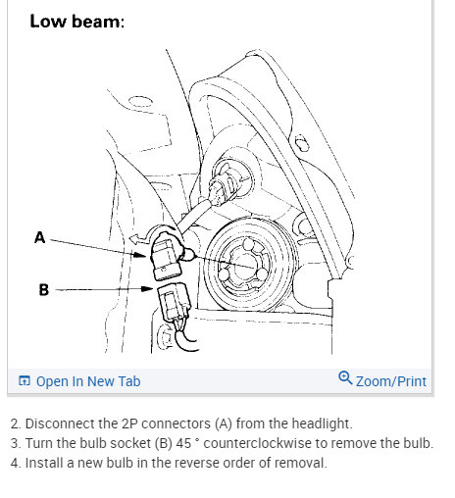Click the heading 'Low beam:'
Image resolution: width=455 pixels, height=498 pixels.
[x=77, y=22]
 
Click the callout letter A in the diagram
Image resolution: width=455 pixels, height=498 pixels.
[x=39, y=237]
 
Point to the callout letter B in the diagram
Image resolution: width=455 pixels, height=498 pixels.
[x=44, y=290]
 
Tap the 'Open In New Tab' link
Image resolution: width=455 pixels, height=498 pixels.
[x=88, y=381]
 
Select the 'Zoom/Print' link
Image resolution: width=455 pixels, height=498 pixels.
[x=391, y=381]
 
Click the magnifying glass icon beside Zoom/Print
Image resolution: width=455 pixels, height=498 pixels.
[x=345, y=378]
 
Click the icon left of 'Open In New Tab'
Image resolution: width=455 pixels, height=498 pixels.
[x=25, y=381]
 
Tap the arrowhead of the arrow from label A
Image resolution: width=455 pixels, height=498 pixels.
[x=140, y=255]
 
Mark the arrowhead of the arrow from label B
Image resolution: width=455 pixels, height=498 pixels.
[x=147, y=288]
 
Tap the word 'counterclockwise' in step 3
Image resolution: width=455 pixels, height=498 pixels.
[x=257, y=443]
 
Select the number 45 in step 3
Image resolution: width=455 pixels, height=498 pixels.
[x=183, y=443]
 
